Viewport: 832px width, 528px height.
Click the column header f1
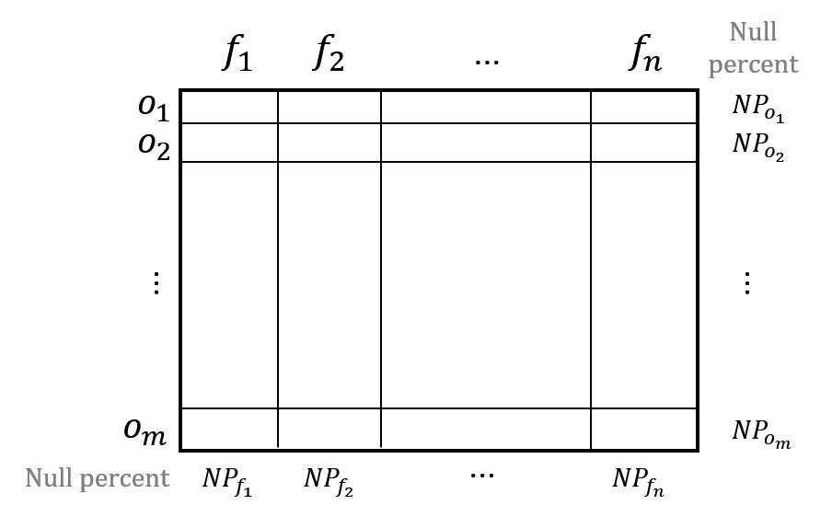pyautogui.click(x=237, y=52)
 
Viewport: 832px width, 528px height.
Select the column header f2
pyautogui.click(x=329, y=52)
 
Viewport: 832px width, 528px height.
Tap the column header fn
pyautogui.click(x=645, y=52)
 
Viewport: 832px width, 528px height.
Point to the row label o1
pyautogui.click(x=154, y=108)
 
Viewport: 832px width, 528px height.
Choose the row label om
pyautogui.click(x=144, y=431)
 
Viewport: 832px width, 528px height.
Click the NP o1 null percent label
pyautogui.click(x=757, y=108)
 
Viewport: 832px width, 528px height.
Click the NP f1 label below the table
pyautogui.click(x=227, y=481)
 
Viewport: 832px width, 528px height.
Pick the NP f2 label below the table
pyautogui.click(x=329, y=481)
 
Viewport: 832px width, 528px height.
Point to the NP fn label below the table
pyautogui.click(x=638, y=481)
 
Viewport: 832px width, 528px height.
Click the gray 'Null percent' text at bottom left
pyautogui.click(x=98, y=478)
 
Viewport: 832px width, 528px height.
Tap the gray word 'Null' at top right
pyautogui.click(x=753, y=31)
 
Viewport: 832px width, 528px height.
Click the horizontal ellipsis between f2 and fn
pyautogui.click(x=487, y=63)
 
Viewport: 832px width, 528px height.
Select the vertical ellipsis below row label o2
pyautogui.click(x=156, y=283)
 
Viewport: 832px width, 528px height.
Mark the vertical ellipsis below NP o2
pyautogui.click(x=747, y=283)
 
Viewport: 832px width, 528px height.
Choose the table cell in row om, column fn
pyautogui.click(x=643, y=429)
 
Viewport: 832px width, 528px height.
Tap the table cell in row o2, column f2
pyautogui.click(x=329, y=143)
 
